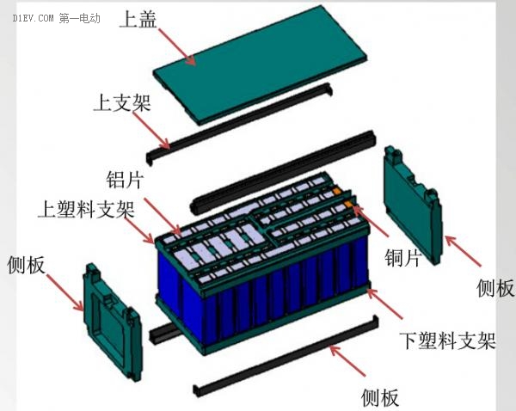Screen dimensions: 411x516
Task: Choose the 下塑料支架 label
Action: point(447,340)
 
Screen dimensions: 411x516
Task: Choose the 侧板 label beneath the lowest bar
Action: point(378,397)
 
